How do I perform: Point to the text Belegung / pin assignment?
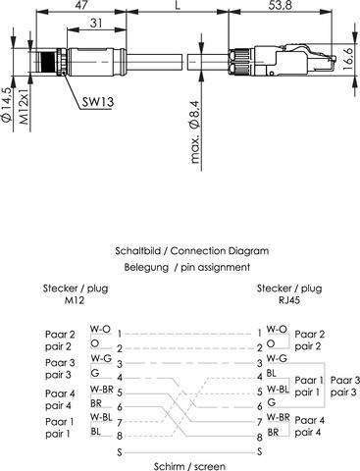179,266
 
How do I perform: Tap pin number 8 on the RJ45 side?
259,435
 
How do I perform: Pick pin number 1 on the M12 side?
119,333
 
